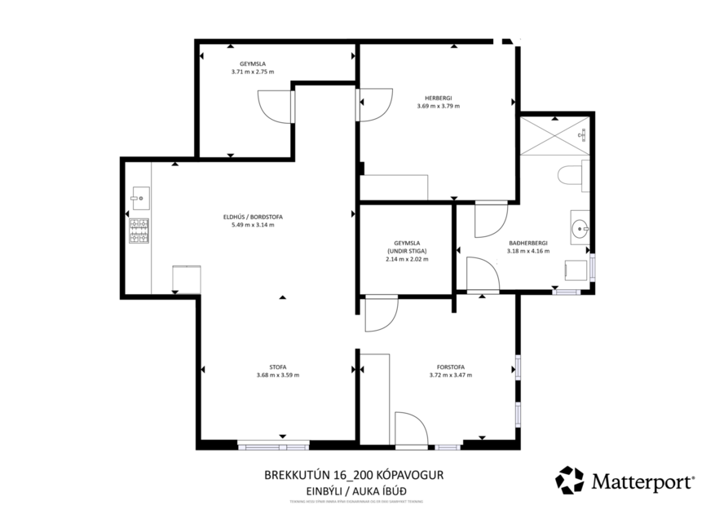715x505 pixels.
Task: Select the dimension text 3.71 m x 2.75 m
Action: pos(253,72)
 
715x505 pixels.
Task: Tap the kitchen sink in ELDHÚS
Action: pos(139,195)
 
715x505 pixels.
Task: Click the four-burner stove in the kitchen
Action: pos(139,231)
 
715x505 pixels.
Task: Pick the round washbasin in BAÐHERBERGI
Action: pos(580,226)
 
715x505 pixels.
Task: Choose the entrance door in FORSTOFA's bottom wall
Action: pos(411,429)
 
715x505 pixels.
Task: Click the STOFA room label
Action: pos(277,367)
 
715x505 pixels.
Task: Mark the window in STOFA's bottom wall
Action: pos(273,446)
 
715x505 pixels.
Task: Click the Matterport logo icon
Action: pos(569,481)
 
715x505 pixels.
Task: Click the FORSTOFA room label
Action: pos(450,367)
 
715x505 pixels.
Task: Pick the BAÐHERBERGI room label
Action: pos(527,243)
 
